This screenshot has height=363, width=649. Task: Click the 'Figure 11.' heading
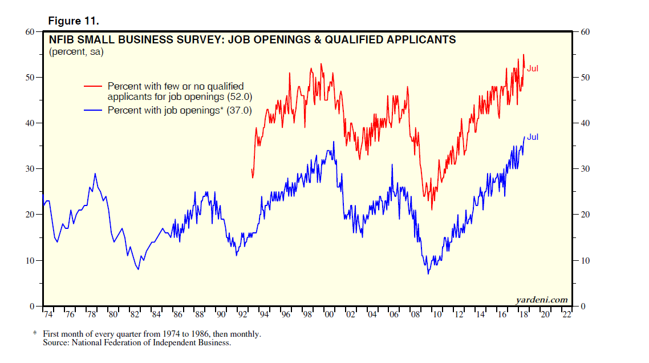click(74, 21)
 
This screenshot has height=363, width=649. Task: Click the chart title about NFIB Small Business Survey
click(252, 39)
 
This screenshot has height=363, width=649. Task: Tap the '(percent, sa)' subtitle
click(76, 52)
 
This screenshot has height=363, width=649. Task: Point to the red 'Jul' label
click(533, 68)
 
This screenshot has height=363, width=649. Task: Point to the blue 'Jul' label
click(533, 137)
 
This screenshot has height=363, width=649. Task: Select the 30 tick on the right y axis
click(586, 169)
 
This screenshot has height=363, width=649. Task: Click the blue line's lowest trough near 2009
click(428, 273)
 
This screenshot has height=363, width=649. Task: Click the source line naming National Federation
click(137, 343)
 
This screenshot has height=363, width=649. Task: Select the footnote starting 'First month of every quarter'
click(152, 334)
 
